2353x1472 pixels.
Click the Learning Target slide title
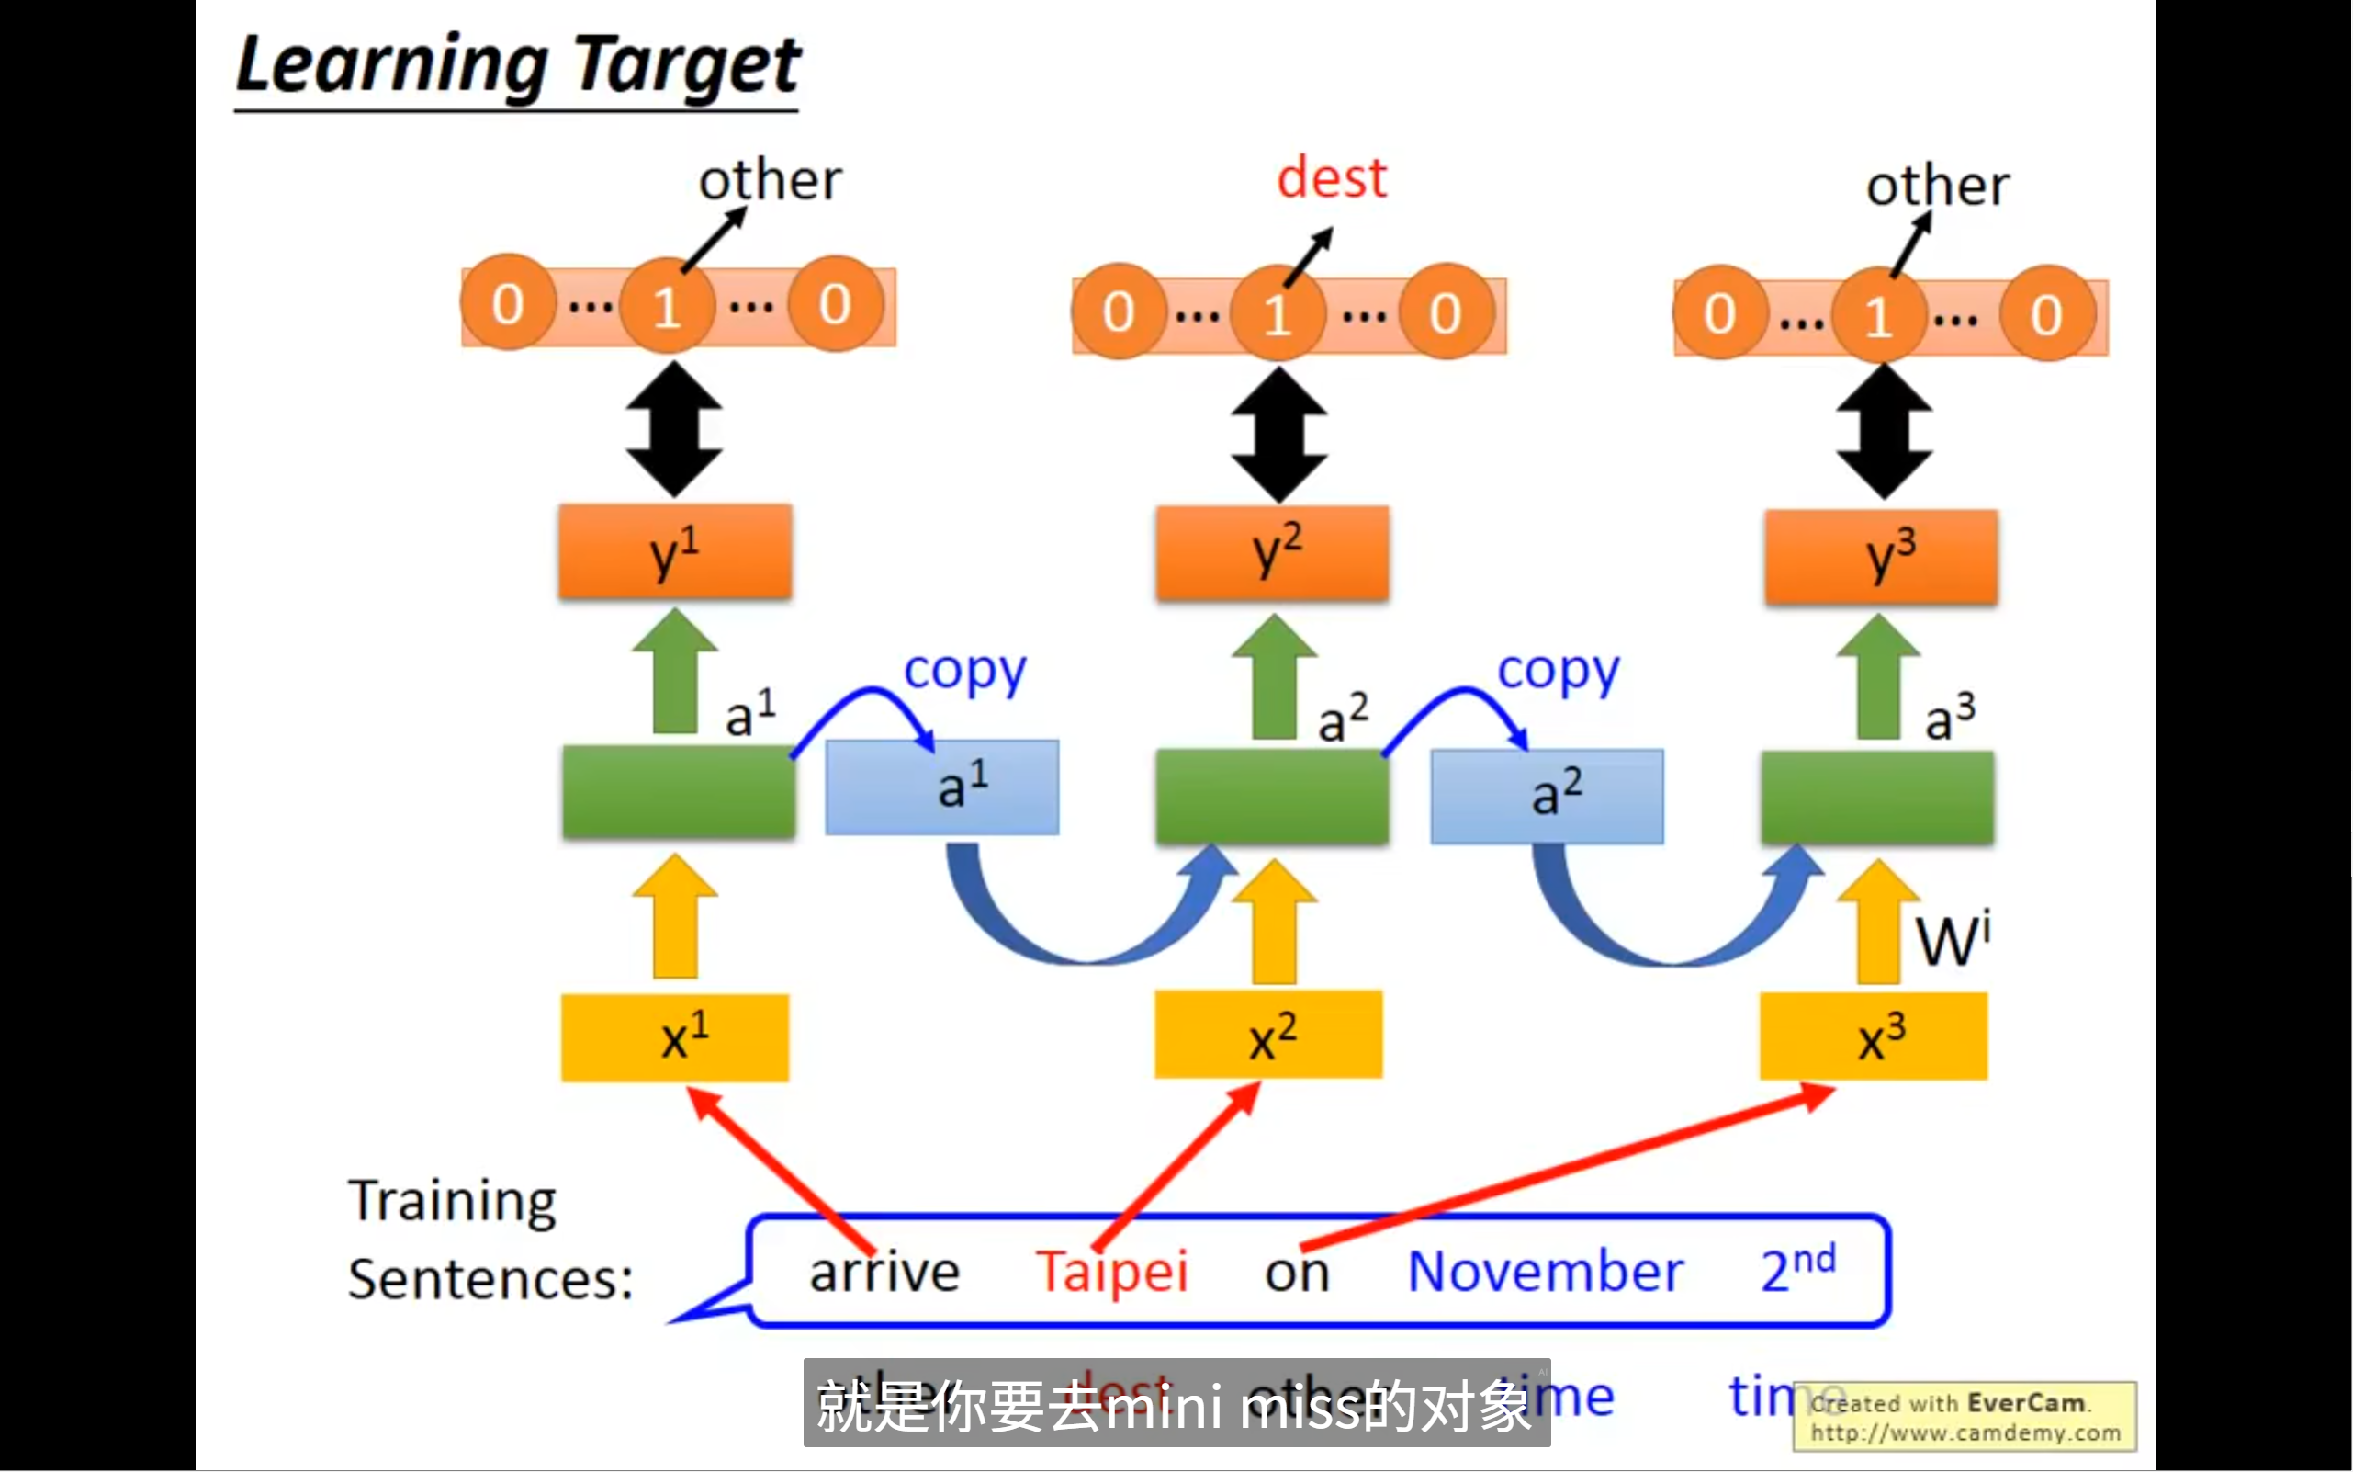point(518,66)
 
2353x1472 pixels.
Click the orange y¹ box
point(674,551)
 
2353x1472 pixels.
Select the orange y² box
point(1272,553)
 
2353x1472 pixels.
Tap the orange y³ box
point(1881,556)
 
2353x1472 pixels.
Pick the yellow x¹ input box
point(674,1037)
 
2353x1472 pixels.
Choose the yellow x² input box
point(1268,1035)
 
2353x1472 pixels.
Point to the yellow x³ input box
point(1874,1036)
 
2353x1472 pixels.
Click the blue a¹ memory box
point(942,787)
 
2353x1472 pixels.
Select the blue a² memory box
point(1547,796)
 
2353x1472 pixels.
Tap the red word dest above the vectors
point(1331,178)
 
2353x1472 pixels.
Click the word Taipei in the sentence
point(1111,1271)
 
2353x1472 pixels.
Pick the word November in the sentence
point(1546,1271)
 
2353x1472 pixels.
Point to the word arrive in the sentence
point(884,1271)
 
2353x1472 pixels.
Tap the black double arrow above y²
point(1278,436)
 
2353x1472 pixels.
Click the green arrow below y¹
point(674,671)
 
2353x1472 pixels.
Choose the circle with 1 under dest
point(1278,313)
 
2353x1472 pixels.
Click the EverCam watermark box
point(1965,1417)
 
